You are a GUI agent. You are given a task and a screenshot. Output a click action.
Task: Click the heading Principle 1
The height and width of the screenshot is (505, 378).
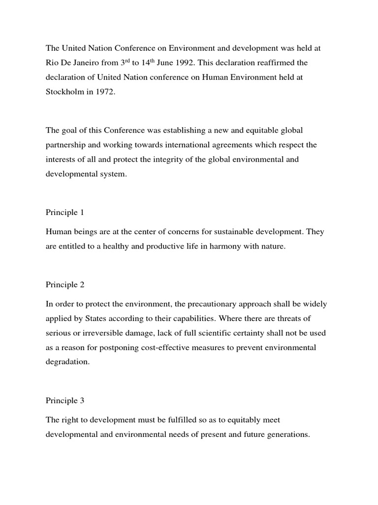pos(65,213)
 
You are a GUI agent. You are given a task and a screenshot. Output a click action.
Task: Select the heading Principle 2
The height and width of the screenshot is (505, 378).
pos(65,285)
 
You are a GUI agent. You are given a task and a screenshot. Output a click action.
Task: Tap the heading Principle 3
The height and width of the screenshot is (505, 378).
pos(65,400)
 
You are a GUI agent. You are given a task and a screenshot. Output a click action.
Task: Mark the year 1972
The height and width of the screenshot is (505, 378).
pos(105,92)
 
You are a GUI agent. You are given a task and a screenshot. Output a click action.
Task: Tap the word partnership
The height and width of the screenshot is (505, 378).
pos(66,145)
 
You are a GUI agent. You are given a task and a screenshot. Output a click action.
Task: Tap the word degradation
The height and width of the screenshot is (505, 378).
pos(67,362)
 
